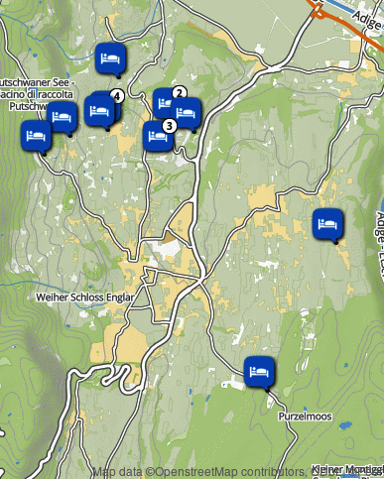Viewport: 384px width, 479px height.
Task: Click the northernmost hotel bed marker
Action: (x=111, y=60)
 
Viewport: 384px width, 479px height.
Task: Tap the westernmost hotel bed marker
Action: (x=37, y=135)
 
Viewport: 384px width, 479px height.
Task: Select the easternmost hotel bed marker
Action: (x=327, y=224)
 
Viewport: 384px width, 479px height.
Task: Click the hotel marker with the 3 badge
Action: (x=157, y=135)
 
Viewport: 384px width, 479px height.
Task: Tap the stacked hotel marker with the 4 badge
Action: (x=100, y=108)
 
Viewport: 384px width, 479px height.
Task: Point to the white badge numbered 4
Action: (x=117, y=96)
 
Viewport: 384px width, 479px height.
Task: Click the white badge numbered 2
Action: (x=179, y=93)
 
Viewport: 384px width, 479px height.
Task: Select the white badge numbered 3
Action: (x=169, y=126)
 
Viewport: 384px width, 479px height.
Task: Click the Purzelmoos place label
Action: (x=305, y=417)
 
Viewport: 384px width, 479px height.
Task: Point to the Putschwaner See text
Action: (x=33, y=81)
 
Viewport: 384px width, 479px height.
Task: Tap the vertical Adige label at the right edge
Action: (x=379, y=234)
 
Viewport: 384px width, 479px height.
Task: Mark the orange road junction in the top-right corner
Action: (x=320, y=10)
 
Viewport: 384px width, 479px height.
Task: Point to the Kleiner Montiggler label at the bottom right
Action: (x=346, y=469)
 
